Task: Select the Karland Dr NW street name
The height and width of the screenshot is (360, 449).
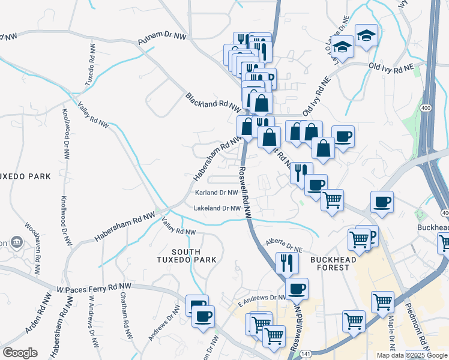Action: (217, 193)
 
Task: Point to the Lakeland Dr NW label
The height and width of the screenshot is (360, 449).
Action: (217, 209)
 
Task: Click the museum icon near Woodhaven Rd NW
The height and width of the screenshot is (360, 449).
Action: (16, 242)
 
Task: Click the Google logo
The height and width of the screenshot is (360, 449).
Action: (20, 352)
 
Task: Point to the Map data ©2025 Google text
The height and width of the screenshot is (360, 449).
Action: (411, 355)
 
